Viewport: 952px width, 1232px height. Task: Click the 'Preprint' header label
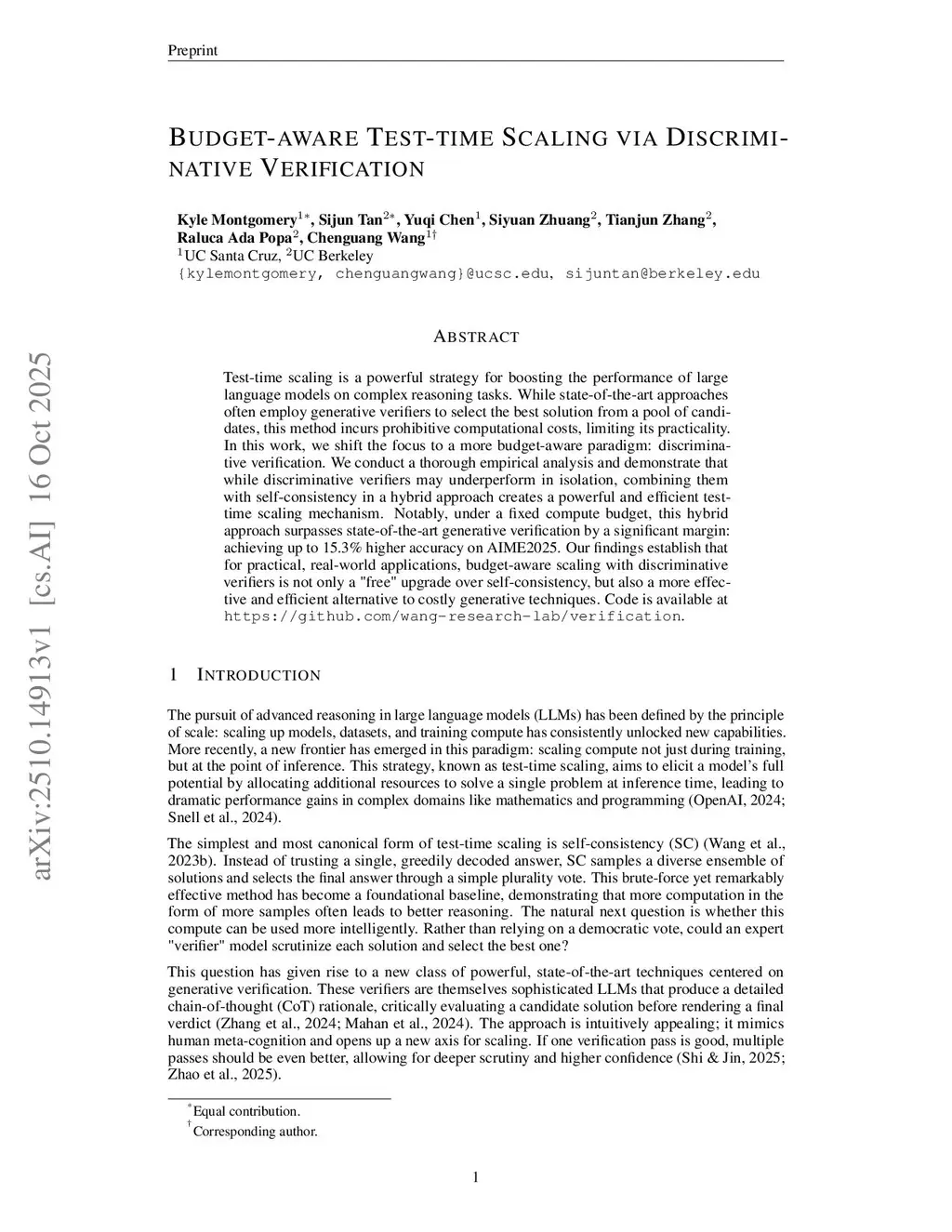[x=192, y=50]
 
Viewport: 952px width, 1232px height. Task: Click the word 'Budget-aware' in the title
[x=263, y=139]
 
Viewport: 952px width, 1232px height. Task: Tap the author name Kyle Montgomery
[x=236, y=220]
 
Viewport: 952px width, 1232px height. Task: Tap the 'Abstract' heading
[x=476, y=337]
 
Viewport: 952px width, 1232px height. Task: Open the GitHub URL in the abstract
[x=453, y=616]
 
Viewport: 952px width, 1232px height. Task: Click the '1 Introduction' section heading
[x=245, y=675]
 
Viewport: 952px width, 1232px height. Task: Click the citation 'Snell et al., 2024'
[x=222, y=817]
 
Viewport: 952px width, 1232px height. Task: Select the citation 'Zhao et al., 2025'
[x=222, y=1074]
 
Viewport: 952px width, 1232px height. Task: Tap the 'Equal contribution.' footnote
[x=246, y=1111]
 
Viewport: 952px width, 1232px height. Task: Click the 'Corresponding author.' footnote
[x=255, y=1132]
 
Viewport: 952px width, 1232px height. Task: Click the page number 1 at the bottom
[x=476, y=1178]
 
